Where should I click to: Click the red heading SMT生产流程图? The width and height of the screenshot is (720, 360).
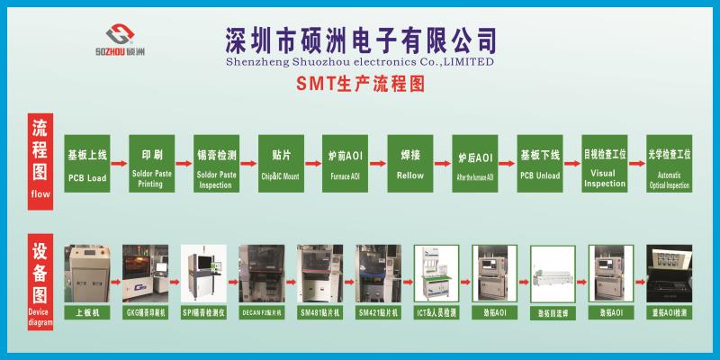(359, 85)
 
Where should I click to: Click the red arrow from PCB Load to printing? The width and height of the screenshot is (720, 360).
(120, 164)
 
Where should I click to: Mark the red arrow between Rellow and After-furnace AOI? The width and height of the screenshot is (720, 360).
(443, 164)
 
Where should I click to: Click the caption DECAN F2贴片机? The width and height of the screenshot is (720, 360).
(262, 312)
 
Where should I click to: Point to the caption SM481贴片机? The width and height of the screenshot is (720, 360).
(320, 312)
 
